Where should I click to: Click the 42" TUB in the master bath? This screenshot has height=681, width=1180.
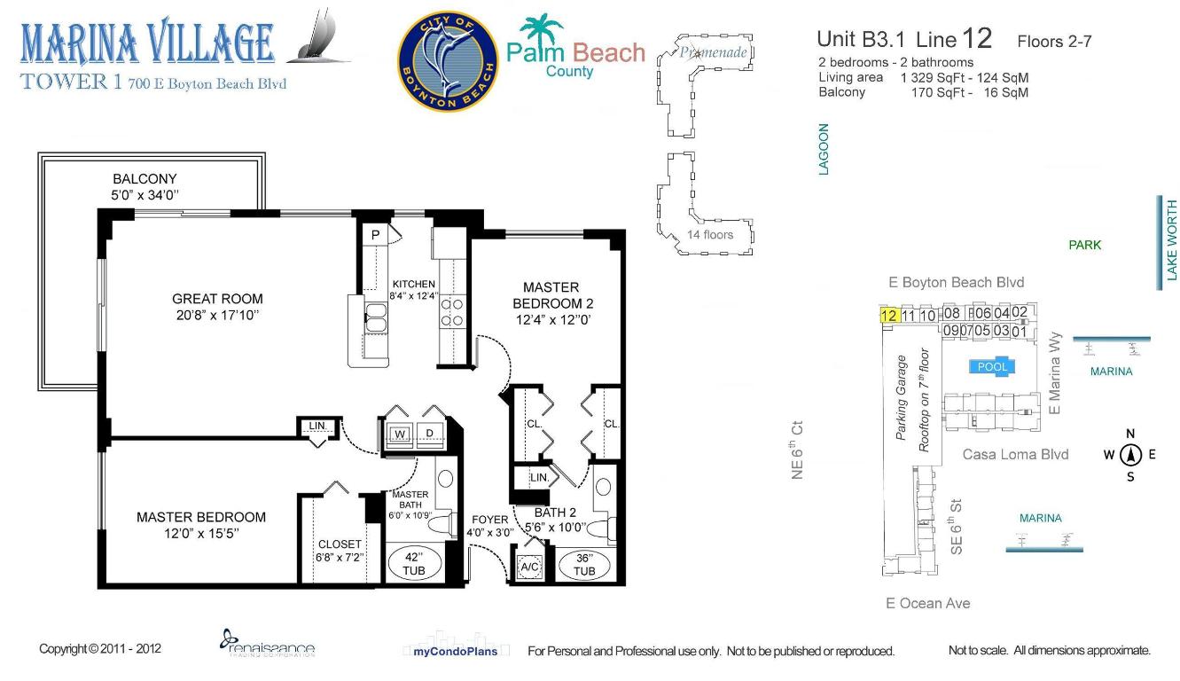click(414, 564)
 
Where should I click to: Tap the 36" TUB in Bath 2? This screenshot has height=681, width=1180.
click(583, 565)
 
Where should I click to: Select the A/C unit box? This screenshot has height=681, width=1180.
click(530, 567)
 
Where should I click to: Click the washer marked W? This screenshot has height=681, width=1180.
click(399, 434)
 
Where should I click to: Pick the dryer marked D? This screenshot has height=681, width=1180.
click(430, 434)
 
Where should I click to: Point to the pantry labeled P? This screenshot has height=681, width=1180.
click(375, 235)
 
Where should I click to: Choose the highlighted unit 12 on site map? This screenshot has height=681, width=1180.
click(888, 315)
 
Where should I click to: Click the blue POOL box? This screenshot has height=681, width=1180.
click(991, 366)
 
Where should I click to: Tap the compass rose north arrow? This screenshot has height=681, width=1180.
click(1130, 455)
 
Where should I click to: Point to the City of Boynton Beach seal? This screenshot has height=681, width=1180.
click(447, 61)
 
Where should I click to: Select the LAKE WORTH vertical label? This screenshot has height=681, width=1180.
click(1171, 241)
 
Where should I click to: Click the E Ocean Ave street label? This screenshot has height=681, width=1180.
click(927, 603)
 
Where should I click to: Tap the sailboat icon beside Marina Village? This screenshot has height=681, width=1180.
click(320, 38)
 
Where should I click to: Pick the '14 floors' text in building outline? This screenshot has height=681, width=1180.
click(710, 234)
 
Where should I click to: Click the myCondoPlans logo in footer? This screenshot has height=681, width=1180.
click(456, 650)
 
